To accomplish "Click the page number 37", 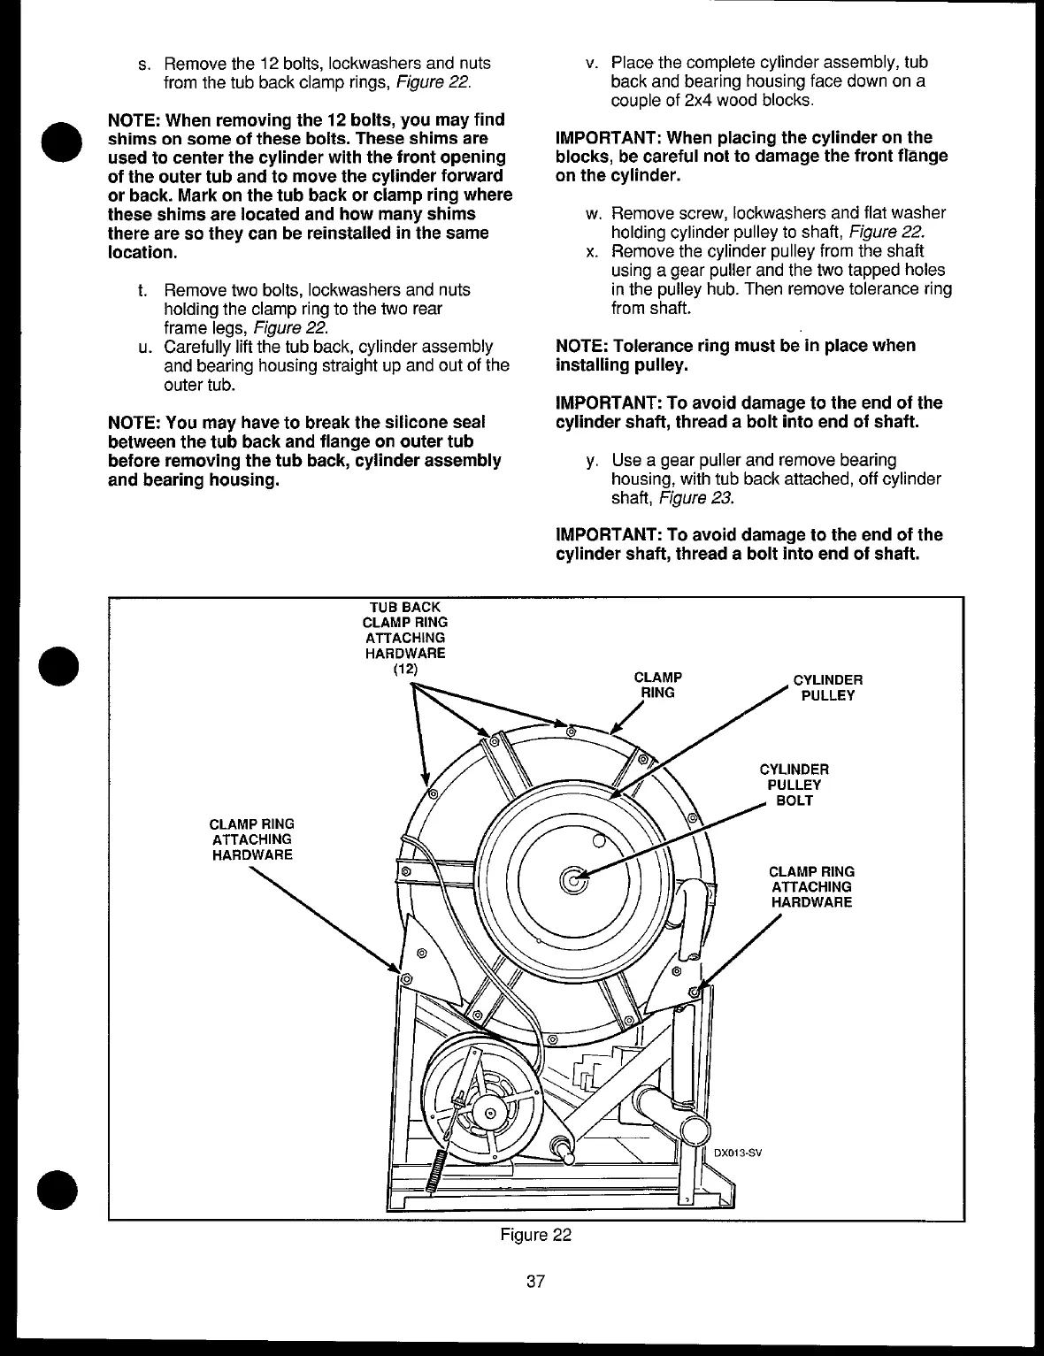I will click(534, 1280).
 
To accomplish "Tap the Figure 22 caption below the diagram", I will click(535, 1235).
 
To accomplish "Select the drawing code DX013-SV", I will click(737, 1153).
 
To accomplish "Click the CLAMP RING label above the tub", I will click(658, 685).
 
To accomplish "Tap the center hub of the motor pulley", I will click(489, 1113).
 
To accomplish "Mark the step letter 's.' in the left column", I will click(143, 64).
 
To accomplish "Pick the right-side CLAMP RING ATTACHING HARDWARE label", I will click(811, 886).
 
